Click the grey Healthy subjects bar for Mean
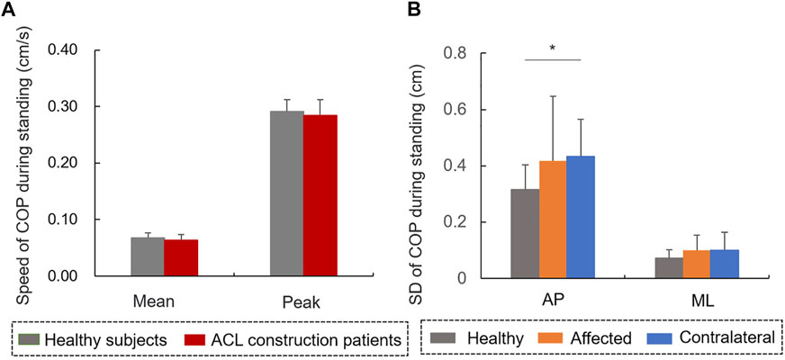148,256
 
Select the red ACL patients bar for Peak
320,195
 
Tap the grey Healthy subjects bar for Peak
286,193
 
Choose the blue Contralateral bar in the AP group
581,217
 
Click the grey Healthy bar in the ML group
670,268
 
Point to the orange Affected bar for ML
697,264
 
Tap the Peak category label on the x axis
303,302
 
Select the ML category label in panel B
697,304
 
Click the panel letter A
7,12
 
